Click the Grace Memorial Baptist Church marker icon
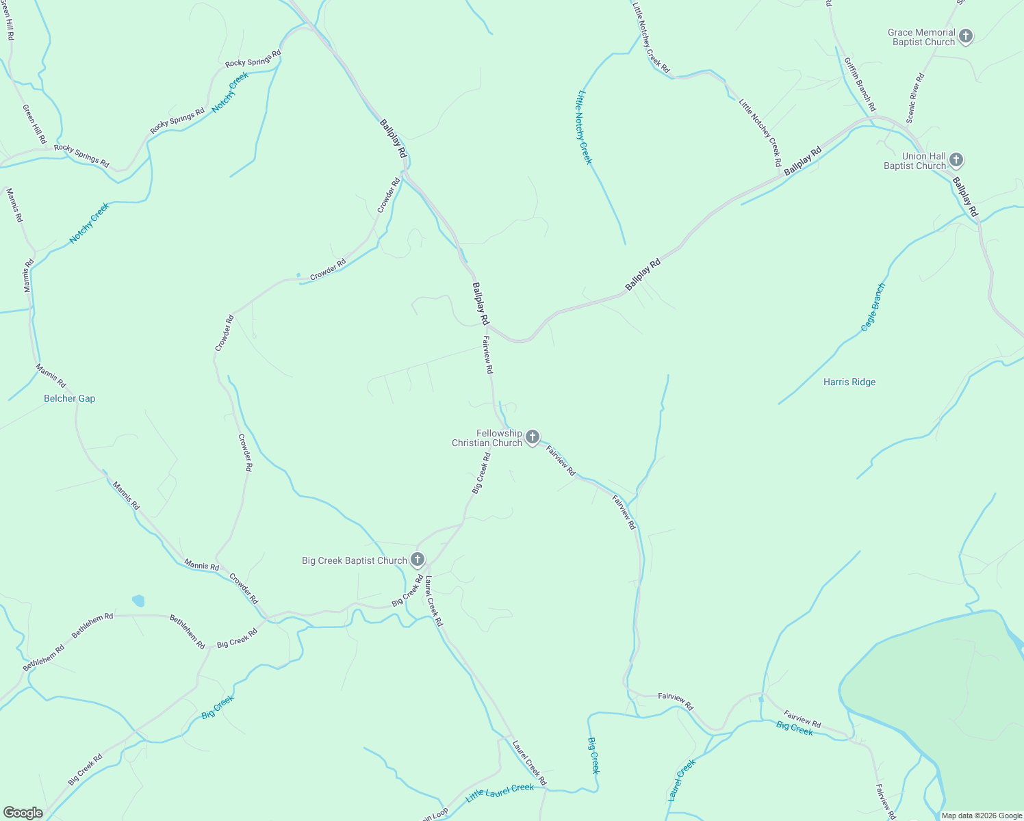(965, 36)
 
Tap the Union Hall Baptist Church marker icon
(956, 161)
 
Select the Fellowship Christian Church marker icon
(532, 437)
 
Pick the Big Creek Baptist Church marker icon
(418, 560)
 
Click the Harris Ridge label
(849, 382)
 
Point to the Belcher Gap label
(70, 399)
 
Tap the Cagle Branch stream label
(873, 307)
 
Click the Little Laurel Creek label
(500, 792)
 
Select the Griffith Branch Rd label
(859, 85)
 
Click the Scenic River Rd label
(915, 98)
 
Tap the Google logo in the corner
(23, 813)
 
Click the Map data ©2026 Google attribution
(982, 816)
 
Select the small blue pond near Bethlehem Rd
(138, 601)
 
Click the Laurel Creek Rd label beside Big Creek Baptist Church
(434, 601)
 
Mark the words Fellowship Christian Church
(487, 438)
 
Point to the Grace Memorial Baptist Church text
(921, 37)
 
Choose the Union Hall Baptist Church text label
(914, 161)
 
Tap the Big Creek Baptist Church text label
(355, 560)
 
